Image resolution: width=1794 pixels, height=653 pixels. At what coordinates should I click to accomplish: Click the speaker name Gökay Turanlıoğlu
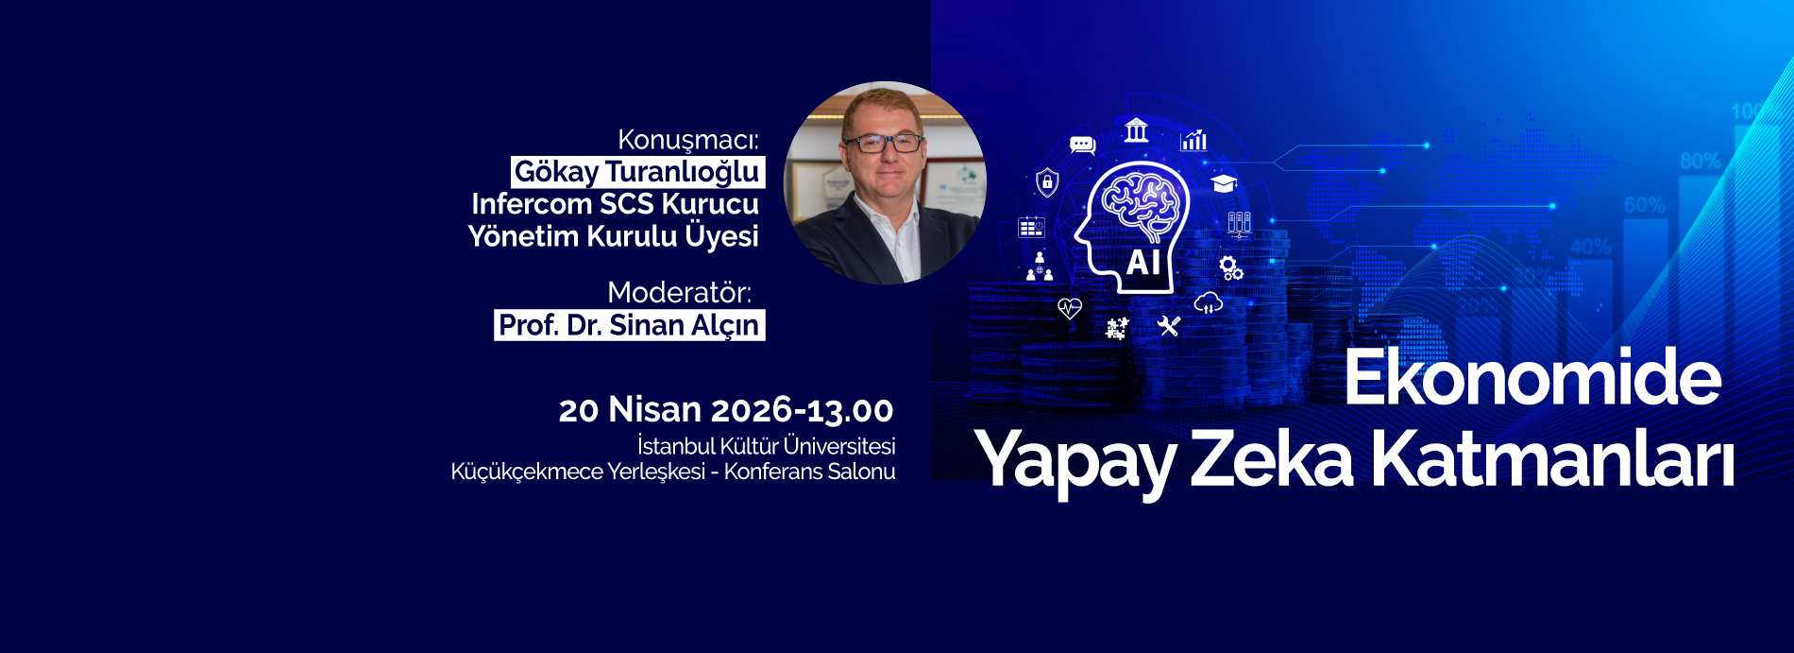[637, 172]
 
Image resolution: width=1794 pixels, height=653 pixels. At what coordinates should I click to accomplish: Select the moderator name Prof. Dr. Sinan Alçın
[629, 325]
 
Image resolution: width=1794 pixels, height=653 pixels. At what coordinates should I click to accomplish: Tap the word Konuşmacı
[687, 140]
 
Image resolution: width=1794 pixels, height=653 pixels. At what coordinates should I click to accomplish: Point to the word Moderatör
[679, 292]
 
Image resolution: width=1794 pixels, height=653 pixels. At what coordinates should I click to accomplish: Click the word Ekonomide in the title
[1532, 378]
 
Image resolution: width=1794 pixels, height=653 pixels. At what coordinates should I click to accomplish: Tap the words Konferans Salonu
[809, 472]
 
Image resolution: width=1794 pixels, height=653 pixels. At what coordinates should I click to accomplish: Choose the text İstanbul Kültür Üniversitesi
[766, 446]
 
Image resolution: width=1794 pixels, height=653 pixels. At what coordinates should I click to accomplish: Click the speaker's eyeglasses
[884, 144]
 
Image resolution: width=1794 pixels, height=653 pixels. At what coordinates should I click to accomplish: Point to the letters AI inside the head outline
[1142, 262]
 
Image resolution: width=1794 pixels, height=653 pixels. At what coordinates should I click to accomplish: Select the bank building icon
[1136, 130]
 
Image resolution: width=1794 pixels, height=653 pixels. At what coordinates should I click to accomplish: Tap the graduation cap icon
[1224, 183]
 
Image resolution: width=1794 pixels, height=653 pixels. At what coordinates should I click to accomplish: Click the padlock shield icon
[1047, 181]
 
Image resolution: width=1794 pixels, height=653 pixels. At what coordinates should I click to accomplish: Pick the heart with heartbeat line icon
[1069, 308]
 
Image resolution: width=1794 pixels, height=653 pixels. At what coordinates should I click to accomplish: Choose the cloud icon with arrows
[1208, 303]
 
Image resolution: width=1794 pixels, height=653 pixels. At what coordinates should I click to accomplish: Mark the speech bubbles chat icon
[1082, 145]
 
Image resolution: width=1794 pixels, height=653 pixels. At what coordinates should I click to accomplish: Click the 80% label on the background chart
[1700, 161]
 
